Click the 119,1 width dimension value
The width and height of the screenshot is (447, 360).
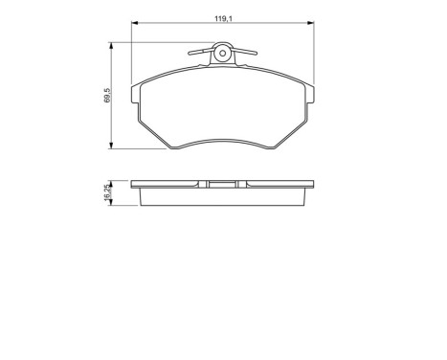pos(223,15)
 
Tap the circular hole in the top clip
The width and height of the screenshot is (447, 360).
pos(223,53)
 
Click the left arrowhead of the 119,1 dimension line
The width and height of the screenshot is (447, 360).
pos(133,21)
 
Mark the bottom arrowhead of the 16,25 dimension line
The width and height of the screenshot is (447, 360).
pos(114,204)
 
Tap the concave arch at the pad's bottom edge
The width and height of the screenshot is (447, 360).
pos(223,141)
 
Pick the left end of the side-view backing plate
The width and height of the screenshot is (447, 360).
pos(136,184)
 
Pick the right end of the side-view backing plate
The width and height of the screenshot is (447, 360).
pos(311,184)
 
